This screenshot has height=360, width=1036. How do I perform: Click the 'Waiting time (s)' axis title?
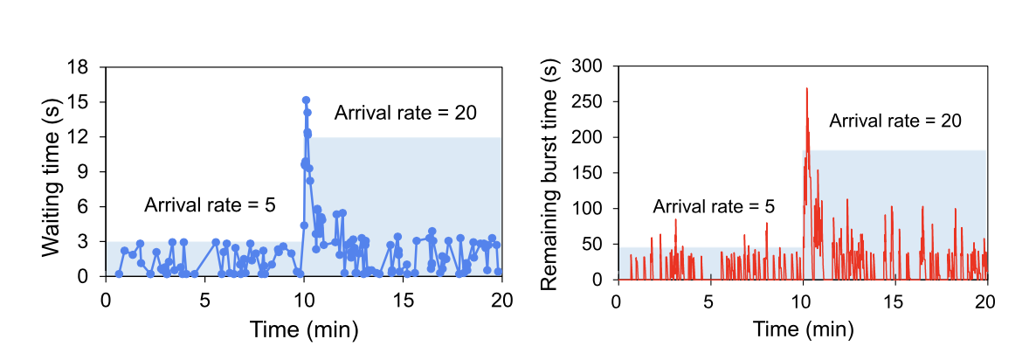pyautogui.click(x=52, y=171)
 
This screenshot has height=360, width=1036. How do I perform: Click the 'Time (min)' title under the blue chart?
pyautogui.click(x=303, y=330)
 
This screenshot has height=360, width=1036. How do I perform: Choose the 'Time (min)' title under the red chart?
pyautogui.click(x=802, y=330)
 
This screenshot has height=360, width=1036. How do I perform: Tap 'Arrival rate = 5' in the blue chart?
pyautogui.click(x=210, y=205)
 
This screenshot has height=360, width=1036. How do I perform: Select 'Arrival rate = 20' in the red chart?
pyautogui.click(x=895, y=121)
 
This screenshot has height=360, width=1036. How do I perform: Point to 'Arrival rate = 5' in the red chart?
pyautogui.click(x=714, y=207)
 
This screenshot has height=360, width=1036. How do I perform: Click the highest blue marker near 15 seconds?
pyautogui.click(x=306, y=100)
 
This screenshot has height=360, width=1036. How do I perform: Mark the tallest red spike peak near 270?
pyautogui.click(x=806, y=88)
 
